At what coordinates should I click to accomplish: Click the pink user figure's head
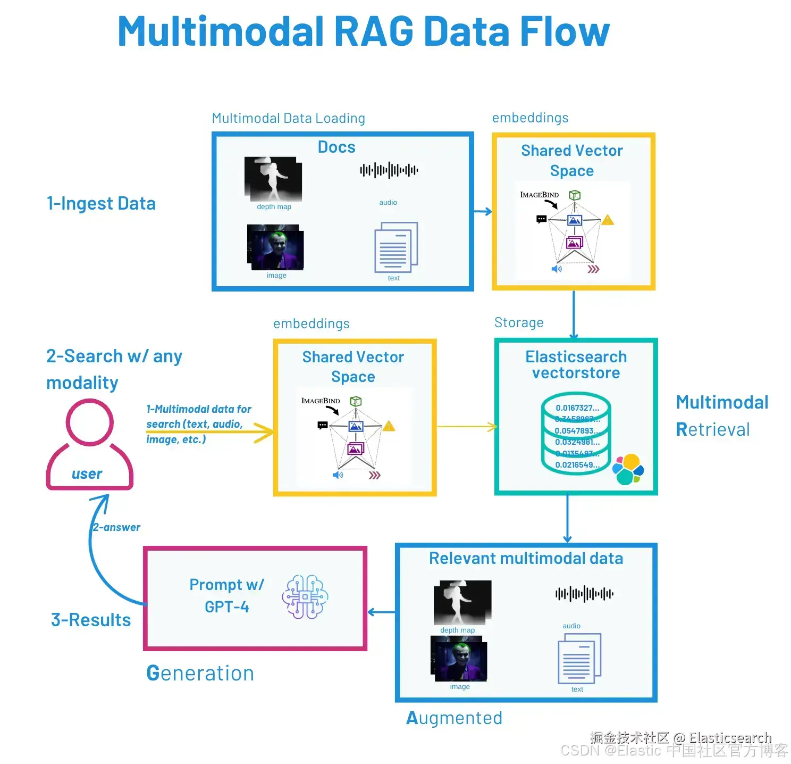pos(90,422)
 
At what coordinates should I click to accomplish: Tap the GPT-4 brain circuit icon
pos(305,597)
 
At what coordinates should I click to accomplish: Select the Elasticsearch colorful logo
pos(628,469)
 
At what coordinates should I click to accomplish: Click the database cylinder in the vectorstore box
pos(576,434)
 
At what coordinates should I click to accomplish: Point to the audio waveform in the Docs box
pos(389,170)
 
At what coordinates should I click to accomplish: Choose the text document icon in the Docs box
pos(396,247)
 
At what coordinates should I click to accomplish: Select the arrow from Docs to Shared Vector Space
pos(483,212)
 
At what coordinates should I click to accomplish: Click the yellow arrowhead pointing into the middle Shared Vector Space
pos(264,432)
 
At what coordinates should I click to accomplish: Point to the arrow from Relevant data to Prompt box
pos(381,612)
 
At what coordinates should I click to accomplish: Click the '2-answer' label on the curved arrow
pos(116,527)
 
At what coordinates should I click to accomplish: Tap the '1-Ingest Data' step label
pos(101,203)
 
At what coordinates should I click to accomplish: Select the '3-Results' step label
pos(91,620)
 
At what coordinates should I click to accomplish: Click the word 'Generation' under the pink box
pos(200,673)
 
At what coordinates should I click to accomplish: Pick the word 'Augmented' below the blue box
pos(454,718)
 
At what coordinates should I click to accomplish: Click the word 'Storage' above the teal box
pos(519,322)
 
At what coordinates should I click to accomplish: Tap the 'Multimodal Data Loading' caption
pos(288,118)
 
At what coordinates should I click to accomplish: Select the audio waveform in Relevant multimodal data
pos(584,594)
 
